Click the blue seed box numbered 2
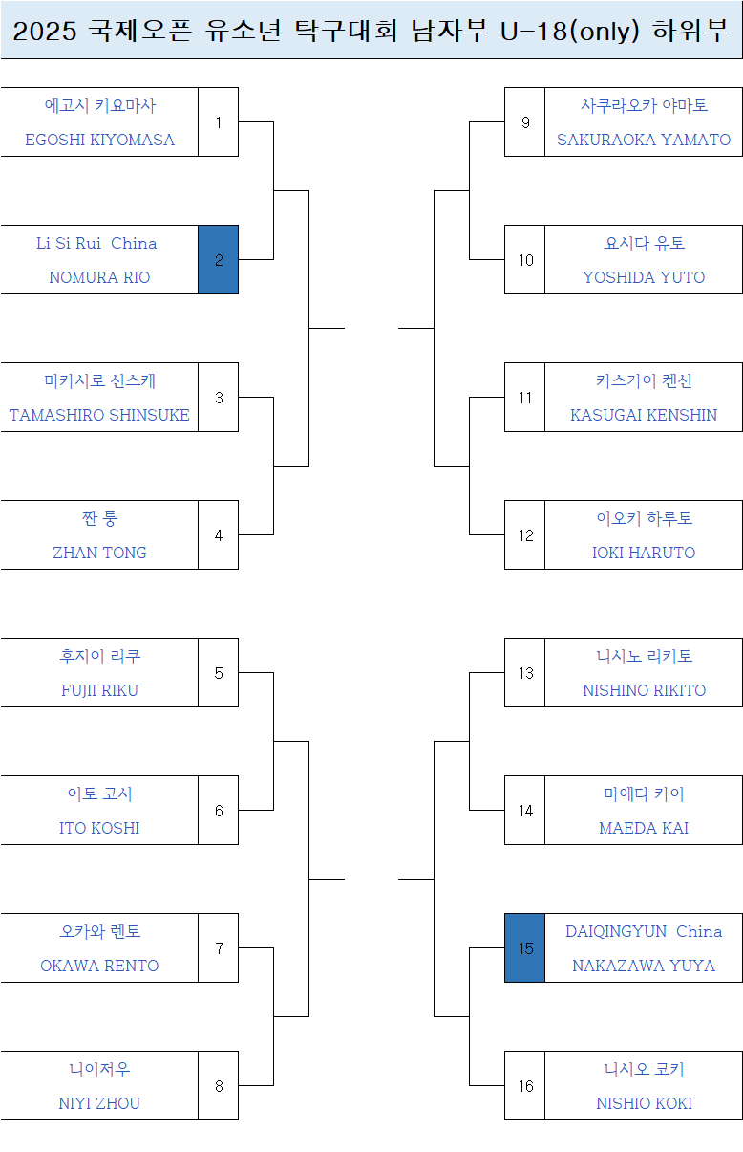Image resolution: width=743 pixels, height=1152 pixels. click(x=219, y=260)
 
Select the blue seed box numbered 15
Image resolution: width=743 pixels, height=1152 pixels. click(x=524, y=948)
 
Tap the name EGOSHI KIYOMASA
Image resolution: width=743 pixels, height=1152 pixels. click(x=99, y=140)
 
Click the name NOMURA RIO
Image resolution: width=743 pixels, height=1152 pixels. click(x=99, y=277)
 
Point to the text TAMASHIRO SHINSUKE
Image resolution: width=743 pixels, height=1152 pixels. click(x=99, y=415)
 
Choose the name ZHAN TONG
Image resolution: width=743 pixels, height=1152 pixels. click(x=99, y=553)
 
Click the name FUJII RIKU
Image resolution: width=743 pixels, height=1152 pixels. click(x=99, y=690)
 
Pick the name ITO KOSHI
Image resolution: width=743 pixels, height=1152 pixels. click(x=99, y=828)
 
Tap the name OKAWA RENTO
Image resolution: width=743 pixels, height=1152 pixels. click(x=99, y=966)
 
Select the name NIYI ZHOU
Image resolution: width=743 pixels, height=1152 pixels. click(x=99, y=1103)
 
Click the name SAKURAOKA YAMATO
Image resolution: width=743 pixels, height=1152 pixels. click(x=644, y=140)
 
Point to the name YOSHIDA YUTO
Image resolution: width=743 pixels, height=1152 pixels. click(x=644, y=277)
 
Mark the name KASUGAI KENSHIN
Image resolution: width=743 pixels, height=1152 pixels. click(x=644, y=415)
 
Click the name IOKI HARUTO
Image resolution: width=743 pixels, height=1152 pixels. click(x=644, y=553)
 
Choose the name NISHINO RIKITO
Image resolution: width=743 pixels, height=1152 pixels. click(x=644, y=690)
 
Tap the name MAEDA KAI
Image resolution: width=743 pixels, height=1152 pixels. click(x=644, y=828)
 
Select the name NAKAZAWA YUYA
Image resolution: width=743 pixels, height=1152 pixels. click(x=644, y=966)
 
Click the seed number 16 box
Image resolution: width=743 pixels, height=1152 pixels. click(x=525, y=1086)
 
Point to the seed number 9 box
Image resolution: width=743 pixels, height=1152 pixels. click(x=525, y=122)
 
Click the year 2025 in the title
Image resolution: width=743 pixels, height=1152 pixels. click(x=45, y=32)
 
